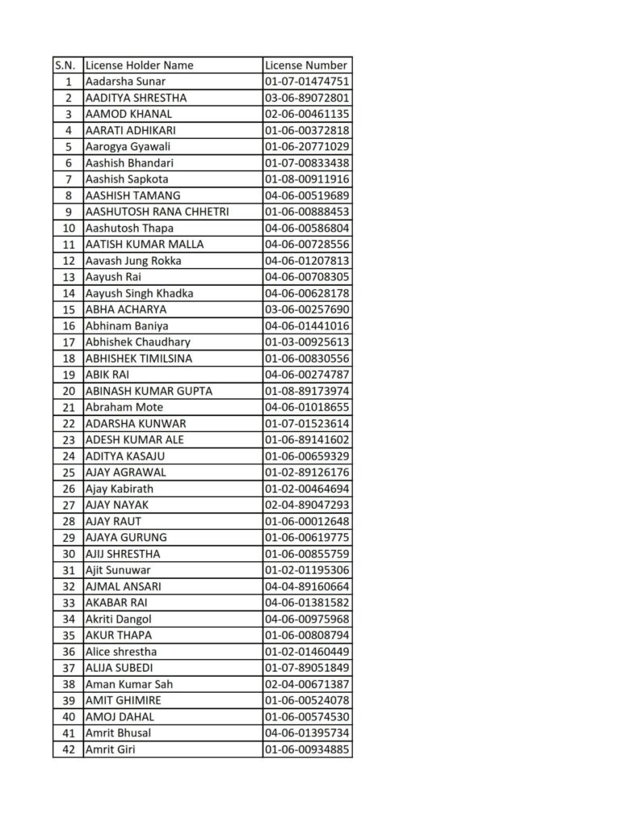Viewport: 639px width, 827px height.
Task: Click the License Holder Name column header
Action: [x=140, y=65]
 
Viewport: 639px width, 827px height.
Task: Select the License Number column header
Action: [x=306, y=65]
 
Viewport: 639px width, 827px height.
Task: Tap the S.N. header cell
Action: [x=68, y=65]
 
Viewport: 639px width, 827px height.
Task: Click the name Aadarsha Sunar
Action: [x=126, y=82]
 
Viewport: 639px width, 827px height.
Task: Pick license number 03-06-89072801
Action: [x=307, y=98]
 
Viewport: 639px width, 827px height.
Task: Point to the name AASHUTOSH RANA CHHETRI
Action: [x=157, y=212]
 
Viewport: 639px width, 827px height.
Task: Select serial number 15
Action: [x=68, y=309]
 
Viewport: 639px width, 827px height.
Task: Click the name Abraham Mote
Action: [x=124, y=407]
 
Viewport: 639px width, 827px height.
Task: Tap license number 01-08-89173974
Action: [x=307, y=391]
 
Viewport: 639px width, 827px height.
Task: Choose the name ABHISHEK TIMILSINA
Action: [x=139, y=359]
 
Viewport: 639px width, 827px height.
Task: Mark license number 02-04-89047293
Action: [x=307, y=505]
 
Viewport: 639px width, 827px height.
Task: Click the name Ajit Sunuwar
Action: [x=124, y=570]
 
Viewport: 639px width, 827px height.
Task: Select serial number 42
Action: [x=68, y=749]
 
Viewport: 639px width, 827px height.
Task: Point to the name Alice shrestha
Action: [x=121, y=652]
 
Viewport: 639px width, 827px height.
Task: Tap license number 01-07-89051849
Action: [x=307, y=668]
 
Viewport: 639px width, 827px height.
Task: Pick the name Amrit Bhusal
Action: [x=118, y=733]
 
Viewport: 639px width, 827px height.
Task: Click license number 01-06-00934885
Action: [x=307, y=749]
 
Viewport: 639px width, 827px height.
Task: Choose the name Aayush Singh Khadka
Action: [x=139, y=293]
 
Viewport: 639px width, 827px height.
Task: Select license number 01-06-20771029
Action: [x=307, y=147]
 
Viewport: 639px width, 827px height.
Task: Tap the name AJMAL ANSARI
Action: [x=123, y=586]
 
